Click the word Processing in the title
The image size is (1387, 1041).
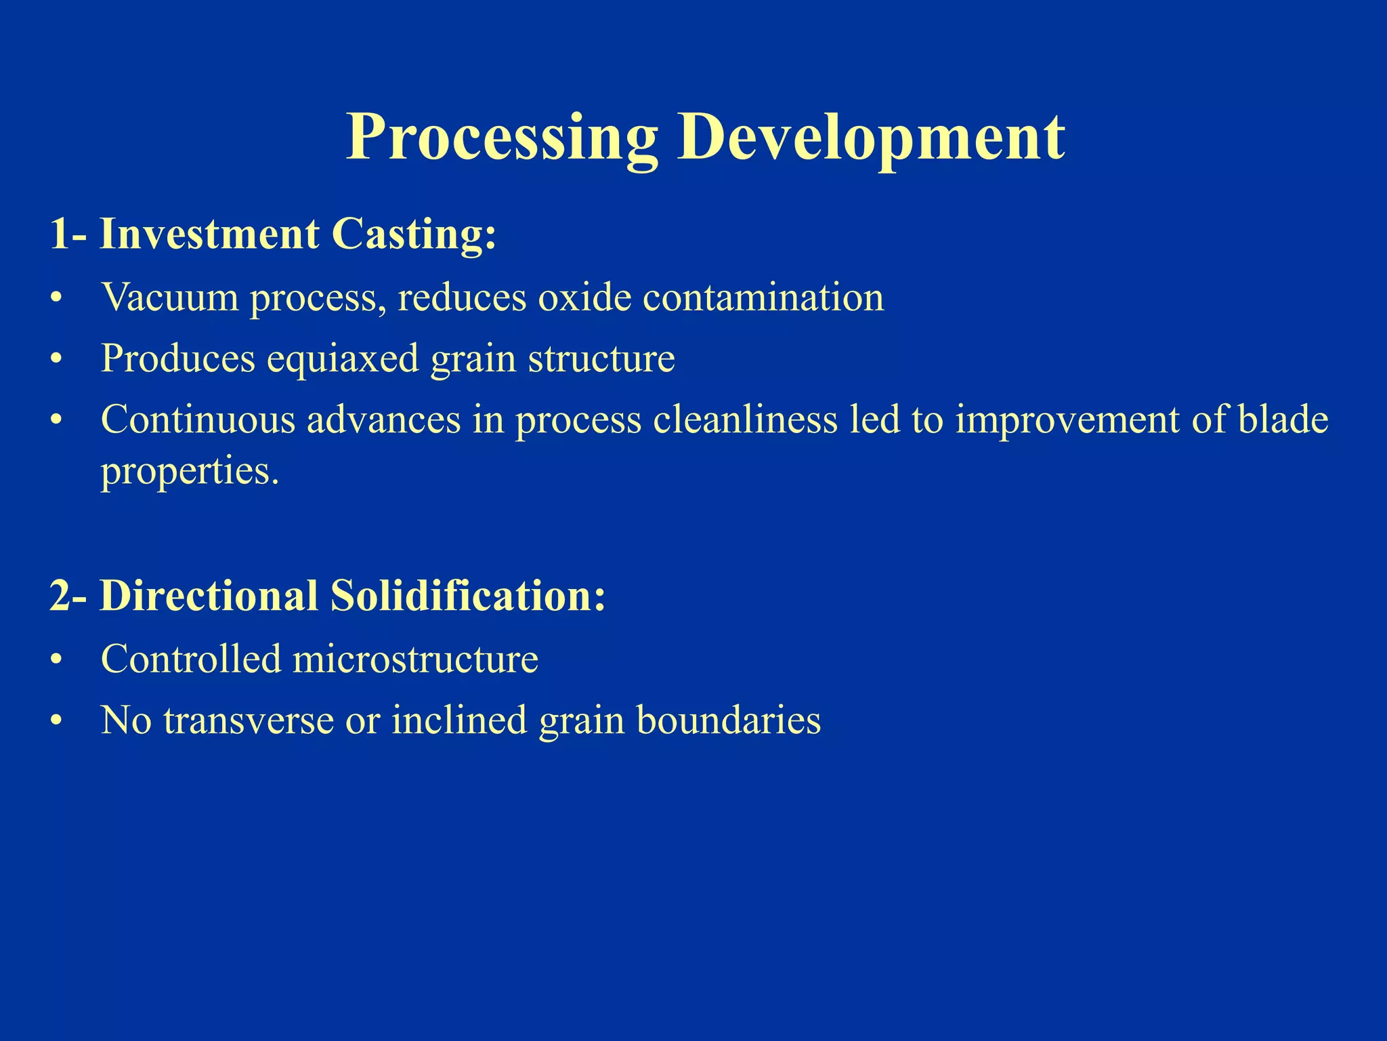pos(502,138)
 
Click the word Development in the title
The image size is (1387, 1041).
pos(871,138)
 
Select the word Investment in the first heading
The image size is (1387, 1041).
pos(209,234)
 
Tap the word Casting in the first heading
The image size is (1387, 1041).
pos(413,234)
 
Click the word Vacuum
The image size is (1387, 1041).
pos(169,297)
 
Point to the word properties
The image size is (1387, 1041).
pos(190,470)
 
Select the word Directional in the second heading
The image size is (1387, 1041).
pos(209,596)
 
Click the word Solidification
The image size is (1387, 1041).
pos(467,596)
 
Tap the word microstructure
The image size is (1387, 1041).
pos(415,659)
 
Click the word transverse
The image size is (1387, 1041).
pos(248,720)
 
